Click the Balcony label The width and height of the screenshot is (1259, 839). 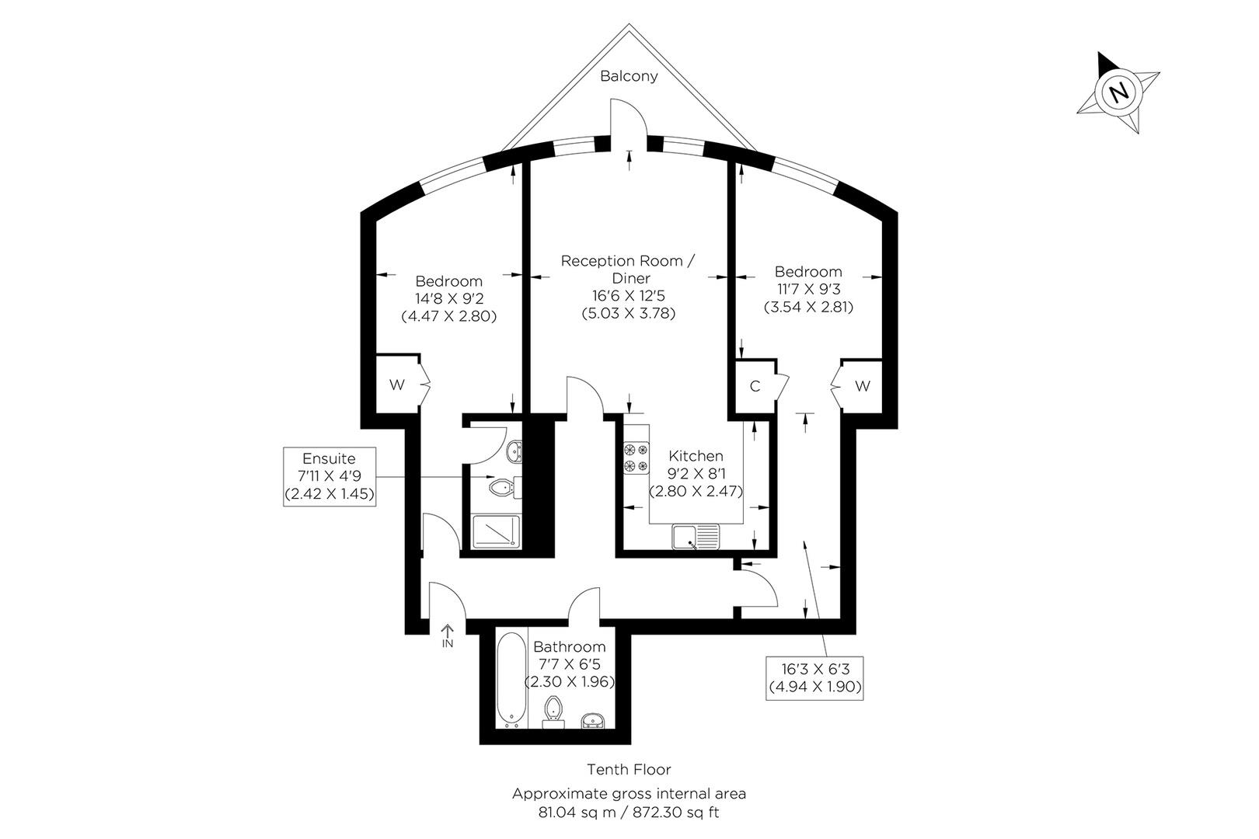[x=629, y=76]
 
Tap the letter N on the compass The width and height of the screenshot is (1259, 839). [x=1118, y=91]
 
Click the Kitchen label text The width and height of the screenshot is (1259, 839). [x=696, y=456]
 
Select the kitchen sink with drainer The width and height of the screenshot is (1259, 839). [x=696, y=536]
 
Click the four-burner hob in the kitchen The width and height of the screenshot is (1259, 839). [x=636, y=458]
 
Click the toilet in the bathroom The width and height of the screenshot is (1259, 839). [x=553, y=712]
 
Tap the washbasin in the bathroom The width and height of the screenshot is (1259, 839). [x=592, y=720]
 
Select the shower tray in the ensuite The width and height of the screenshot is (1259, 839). [x=497, y=531]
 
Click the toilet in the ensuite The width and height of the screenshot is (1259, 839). [x=505, y=487]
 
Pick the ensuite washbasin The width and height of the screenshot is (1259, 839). [x=514, y=451]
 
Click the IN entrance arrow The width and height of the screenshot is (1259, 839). [x=448, y=635]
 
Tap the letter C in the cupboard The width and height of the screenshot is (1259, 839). [x=755, y=386]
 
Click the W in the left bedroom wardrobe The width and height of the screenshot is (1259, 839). [x=397, y=385]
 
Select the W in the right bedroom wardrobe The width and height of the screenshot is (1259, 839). [x=862, y=386]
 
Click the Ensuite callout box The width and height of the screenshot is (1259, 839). [x=330, y=476]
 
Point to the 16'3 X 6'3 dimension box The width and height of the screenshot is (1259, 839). [x=814, y=677]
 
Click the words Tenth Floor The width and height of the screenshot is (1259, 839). [x=629, y=769]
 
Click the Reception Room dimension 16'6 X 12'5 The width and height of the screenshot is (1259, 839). [x=629, y=295]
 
